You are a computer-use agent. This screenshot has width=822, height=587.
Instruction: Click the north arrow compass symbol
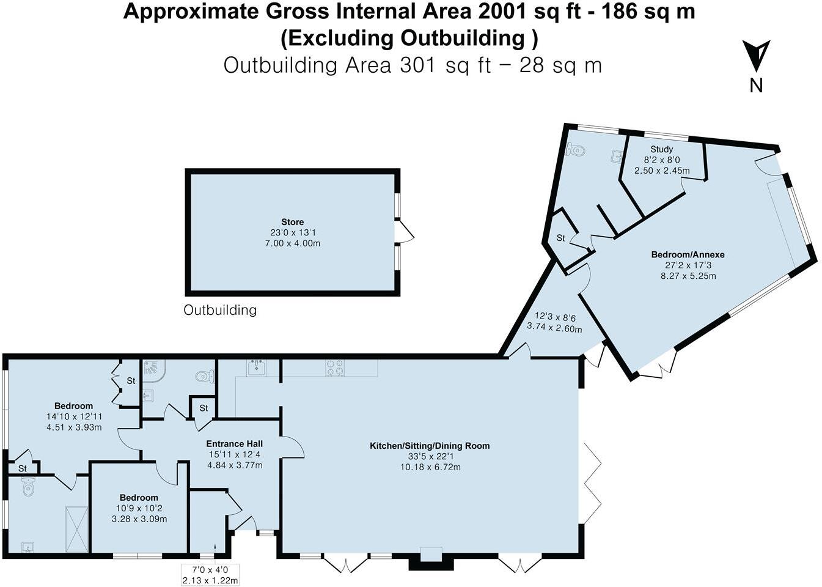pyautogui.click(x=756, y=57)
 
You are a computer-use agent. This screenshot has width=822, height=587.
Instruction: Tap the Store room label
pyautogui.click(x=292, y=222)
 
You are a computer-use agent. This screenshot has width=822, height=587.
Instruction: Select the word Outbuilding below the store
pyautogui.click(x=220, y=310)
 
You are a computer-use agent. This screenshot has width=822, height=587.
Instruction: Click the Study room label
pyautogui.click(x=661, y=149)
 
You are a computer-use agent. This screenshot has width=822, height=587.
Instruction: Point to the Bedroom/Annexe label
pyautogui.click(x=688, y=254)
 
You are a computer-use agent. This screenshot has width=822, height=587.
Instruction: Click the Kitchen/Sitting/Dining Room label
pyautogui.click(x=430, y=446)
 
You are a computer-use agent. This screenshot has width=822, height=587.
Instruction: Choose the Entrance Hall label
pyautogui.click(x=234, y=444)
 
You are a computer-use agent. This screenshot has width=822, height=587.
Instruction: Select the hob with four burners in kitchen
pyautogui.click(x=334, y=367)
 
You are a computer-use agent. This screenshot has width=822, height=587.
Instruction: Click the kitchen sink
pyautogui.click(x=256, y=367)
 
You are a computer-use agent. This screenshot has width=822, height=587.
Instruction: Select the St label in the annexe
pyautogui.click(x=560, y=238)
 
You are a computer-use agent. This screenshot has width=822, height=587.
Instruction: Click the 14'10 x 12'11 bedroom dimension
pyautogui.click(x=73, y=416)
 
